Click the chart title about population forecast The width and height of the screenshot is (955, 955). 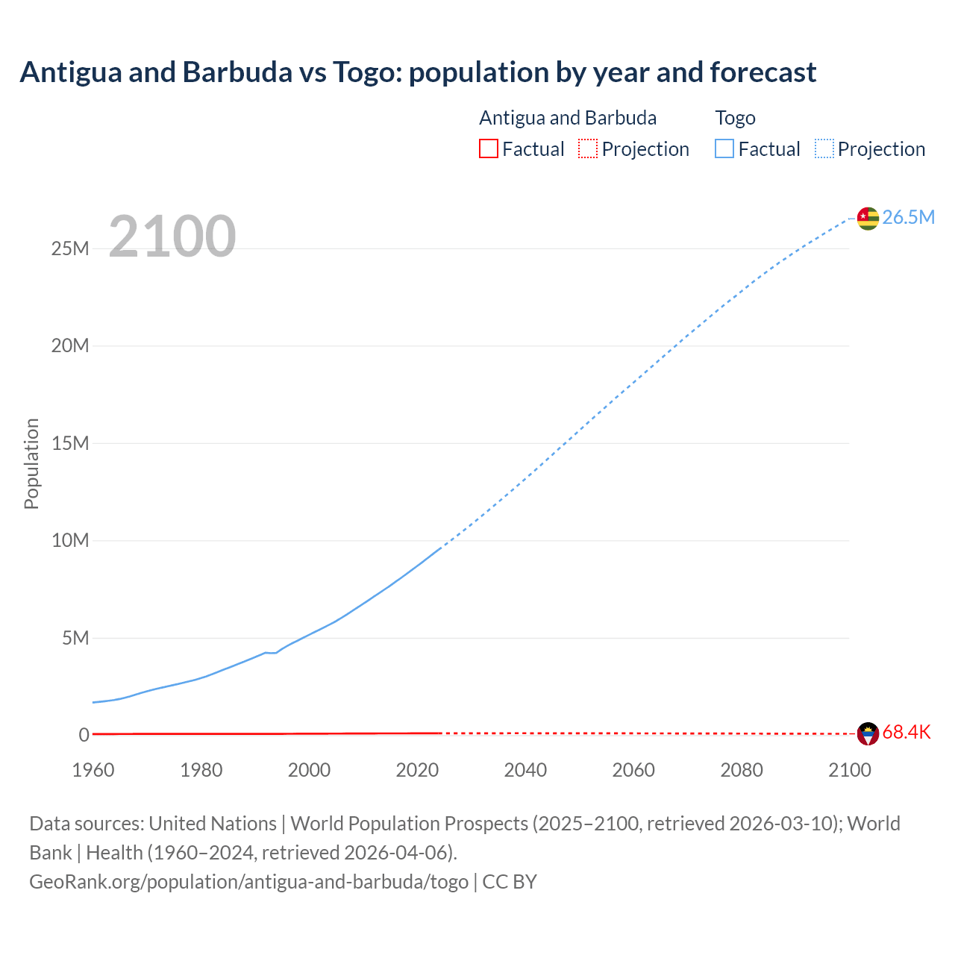pyautogui.click(x=418, y=72)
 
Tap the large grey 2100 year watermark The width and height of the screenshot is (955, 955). pyautogui.click(x=172, y=237)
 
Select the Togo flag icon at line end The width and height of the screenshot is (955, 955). pyautogui.click(x=868, y=218)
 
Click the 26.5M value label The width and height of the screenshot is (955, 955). pyautogui.click(x=908, y=217)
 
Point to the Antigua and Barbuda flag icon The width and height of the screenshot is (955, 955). pyautogui.click(x=868, y=733)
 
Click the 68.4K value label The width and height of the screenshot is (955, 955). pyautogui.click(x=906, y=732)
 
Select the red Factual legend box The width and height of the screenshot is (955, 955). pyautogui.click(x=488, y=149)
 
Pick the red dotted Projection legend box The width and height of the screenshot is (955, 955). pyautogui.click(x=588, y=149)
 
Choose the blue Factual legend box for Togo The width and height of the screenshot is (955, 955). pyautogui.click(x=724, y=149)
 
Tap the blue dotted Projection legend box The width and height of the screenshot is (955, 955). pyautogui.click(x=824, y=149)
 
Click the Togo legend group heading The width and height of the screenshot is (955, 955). pyautogui.click(x=735, y=118)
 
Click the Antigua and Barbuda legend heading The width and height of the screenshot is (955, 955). pyautogui.click(x=568, y=118)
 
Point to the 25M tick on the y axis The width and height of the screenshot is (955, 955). pyautogui.click(x=70, y=248)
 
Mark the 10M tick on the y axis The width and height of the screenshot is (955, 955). pyautogui.click(x=70, y=540)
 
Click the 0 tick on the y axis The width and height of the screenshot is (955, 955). pyautogui.click(x=84, y=735)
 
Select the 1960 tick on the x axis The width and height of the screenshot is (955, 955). pyautogui.click(x=93, y=770)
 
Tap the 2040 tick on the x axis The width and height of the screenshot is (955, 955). pyautogui.click(x=525, y=770)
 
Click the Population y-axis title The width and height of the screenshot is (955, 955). pyautogui.click(x=31, y=463)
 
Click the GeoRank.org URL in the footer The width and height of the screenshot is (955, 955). pyautogui.click(x=248, y=881)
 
